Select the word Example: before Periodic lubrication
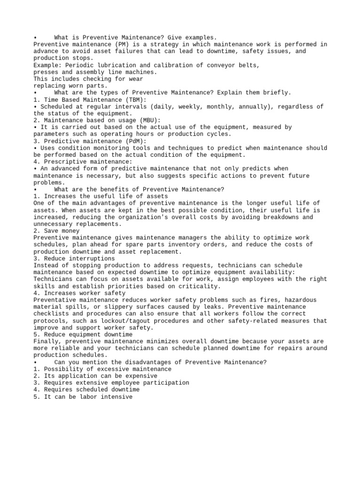tap(47, 65)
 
